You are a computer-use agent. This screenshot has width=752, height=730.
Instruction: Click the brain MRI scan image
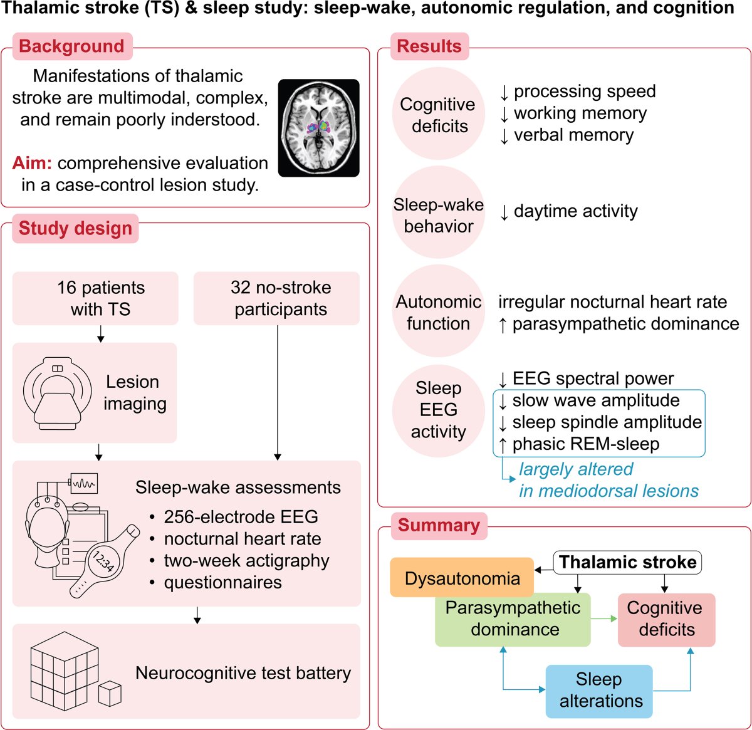(318, 128)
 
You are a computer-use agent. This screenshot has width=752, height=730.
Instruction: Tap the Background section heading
(72, 46)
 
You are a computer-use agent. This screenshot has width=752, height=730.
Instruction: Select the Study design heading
(75, 229)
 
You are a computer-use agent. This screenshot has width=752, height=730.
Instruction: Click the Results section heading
(429, 46)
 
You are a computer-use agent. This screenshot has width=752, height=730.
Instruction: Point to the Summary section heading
(439, 525)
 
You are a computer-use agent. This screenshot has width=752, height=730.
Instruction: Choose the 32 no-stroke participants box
(276, 298)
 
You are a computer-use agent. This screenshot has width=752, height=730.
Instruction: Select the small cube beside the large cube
(110, 694)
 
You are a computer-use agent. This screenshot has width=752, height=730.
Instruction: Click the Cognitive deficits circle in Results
(438, 115)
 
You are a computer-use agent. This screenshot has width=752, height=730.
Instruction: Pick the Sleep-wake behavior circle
(438, 214)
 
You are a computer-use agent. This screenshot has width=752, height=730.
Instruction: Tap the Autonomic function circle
(438, 312)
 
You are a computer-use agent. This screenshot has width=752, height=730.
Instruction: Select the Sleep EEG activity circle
(438, 410)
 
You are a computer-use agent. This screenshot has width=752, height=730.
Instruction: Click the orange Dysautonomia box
(462, 578)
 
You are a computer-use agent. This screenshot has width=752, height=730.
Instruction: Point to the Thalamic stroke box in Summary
(627, 562)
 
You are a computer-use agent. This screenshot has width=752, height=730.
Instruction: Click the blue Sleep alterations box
(599, 691)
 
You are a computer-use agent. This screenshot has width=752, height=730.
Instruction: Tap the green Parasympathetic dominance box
(513, 619)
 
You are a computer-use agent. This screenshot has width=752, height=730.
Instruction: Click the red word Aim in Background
(32, 163)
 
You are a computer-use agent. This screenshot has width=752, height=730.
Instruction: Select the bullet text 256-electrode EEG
(241, 517)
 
